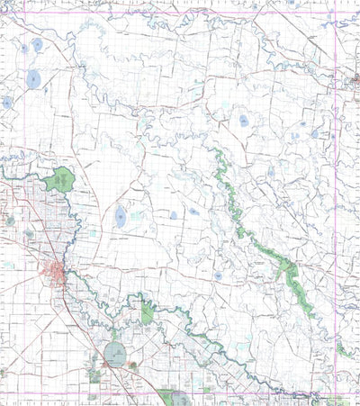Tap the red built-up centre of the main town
pos(58,271)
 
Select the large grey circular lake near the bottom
pos(117,354)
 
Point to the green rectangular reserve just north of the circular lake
pos(147,313)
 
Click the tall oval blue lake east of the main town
pos(121,215)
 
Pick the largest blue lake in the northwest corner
pos(32,80)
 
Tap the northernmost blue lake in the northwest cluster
pos(37,43)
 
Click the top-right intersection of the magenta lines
pos(336,11)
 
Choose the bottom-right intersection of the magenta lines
pos(336,393)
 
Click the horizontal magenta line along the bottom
pos(225,393)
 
